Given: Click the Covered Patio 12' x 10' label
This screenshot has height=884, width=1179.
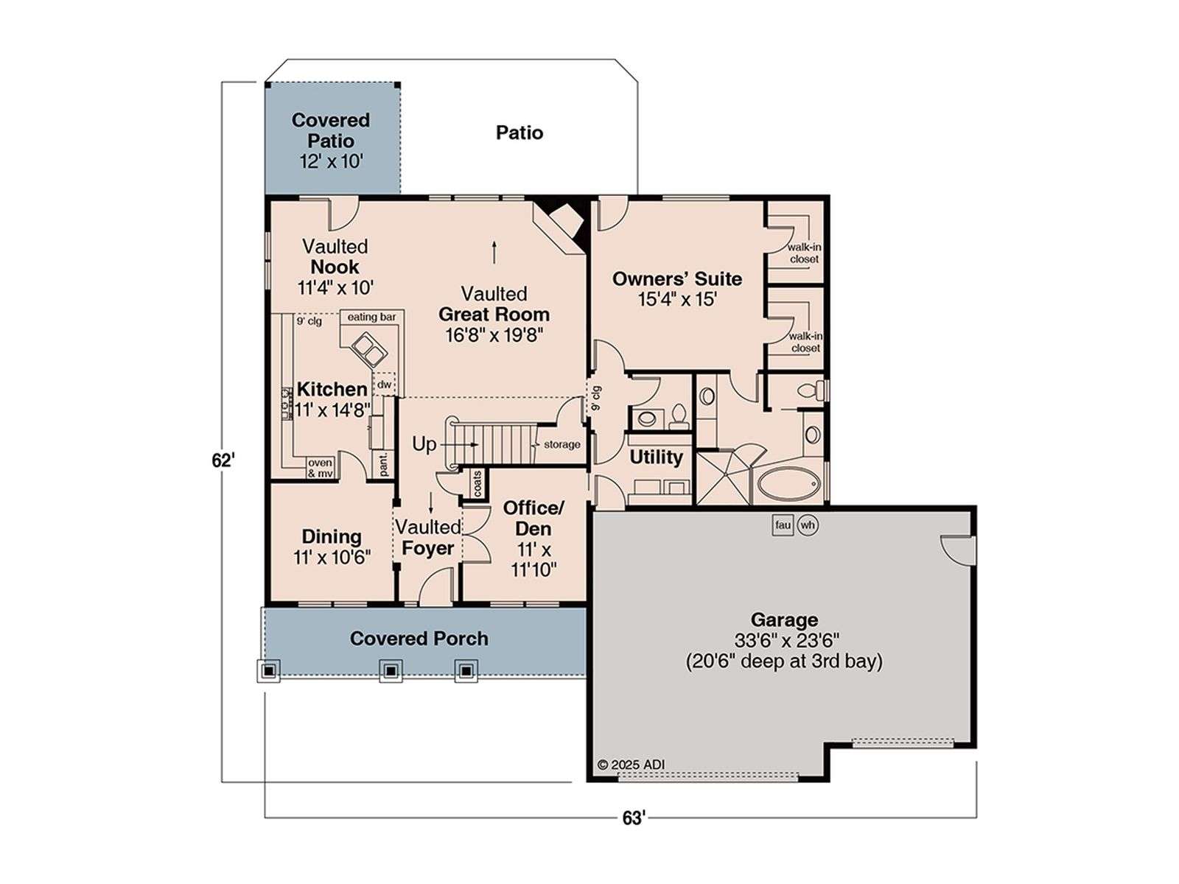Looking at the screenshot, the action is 330,141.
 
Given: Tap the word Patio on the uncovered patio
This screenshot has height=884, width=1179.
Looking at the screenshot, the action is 519,133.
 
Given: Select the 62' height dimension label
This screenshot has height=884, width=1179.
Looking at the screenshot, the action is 223,460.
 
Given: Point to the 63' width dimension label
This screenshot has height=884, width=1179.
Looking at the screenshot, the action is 633,818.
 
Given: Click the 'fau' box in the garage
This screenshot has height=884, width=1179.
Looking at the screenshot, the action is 783,525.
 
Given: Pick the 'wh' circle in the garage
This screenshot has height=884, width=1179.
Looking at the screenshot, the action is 808,525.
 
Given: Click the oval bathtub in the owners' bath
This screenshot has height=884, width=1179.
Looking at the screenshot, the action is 788,485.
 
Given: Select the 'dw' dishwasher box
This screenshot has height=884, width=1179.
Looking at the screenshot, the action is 384,385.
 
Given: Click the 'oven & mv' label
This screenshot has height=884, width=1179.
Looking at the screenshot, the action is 320,468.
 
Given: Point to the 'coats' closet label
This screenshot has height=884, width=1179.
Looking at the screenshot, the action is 477,483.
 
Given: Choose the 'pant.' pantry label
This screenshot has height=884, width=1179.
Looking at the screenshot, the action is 383,464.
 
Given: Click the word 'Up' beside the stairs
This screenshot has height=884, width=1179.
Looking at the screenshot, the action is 424,445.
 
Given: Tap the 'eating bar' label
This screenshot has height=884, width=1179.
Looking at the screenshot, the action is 371,318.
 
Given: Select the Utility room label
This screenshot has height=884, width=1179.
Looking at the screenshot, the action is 656,457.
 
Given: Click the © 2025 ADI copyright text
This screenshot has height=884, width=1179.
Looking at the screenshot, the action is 631,765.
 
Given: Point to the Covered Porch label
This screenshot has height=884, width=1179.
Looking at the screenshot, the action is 419,639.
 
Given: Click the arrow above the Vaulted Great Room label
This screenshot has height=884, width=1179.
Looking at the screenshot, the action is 494,252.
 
